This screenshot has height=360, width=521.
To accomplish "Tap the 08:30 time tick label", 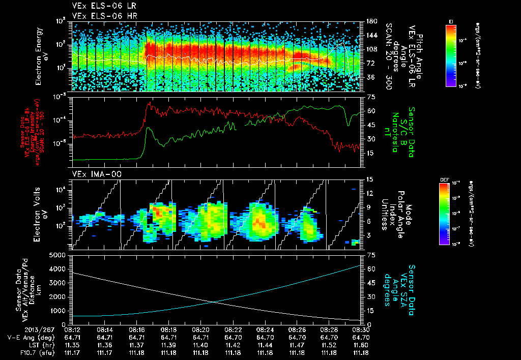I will [x=361, y=329].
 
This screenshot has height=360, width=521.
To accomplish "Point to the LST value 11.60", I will [x=361, y=345].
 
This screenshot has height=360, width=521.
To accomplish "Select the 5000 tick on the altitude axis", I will [x=60, y=255].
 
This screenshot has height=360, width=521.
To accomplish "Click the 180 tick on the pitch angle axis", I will [x=370, y=21].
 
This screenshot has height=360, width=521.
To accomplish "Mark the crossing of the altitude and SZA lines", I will [x=213, y=302].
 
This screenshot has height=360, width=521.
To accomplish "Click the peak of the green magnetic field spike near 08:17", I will [x=148, y=128].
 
